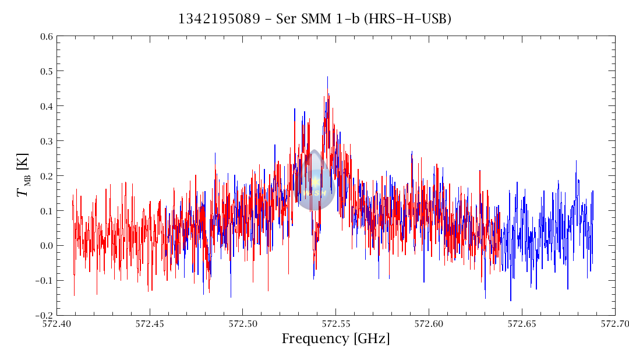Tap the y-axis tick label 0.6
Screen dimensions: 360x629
[47, 37]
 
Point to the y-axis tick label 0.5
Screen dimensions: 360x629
[47, 72]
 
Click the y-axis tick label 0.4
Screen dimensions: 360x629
[47, 107]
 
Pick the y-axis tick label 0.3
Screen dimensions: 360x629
[47, 142]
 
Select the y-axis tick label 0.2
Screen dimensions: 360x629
[47, 176]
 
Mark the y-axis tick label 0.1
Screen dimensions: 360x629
[47, 211]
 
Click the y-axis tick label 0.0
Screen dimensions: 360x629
[47, 246]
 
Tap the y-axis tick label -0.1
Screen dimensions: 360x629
[45, 281]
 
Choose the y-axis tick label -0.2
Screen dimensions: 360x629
[45, 315]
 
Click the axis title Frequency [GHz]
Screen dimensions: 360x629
[335, 339]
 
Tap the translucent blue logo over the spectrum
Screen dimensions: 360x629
[314, 182]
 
